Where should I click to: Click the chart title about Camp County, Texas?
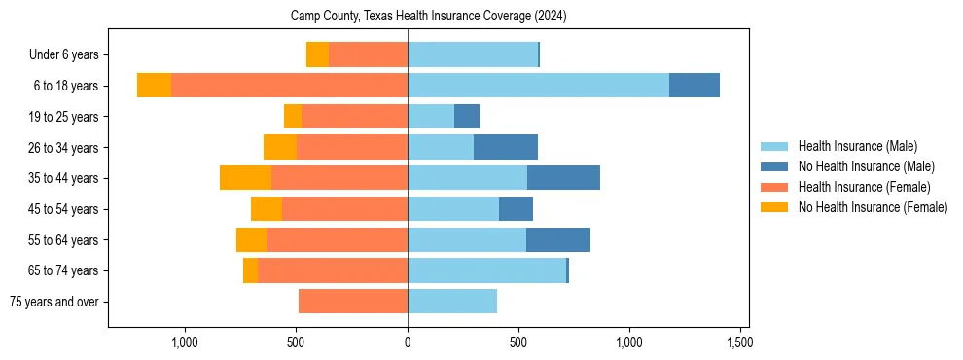[428, 17]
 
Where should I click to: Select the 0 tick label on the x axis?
[408, 342]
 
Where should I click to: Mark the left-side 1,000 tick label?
[185, 342]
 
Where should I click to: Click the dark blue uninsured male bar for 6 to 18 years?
[694, 86]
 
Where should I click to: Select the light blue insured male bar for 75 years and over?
[452, 302]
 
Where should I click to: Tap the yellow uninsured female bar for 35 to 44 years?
[245, 178]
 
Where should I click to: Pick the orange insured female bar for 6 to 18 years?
[289, 86]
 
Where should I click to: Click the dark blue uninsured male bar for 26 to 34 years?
[506, 147]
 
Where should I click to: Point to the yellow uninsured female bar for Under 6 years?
[317, 54]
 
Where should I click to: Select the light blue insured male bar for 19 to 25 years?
[431, 117]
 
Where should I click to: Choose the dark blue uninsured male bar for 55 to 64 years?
[558, 239]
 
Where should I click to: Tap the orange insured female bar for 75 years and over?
[353, 302]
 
